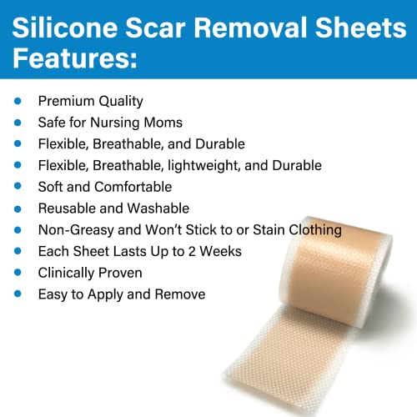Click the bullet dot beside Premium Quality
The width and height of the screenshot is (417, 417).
pyautogui.click(x=18, y=100)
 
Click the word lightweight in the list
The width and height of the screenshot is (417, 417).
pyautogui.click(x=210, y=165)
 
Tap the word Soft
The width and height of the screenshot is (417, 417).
pyautogui.click(x=52, y=187)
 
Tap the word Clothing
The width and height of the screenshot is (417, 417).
pyautogui.click(x=312, y=230)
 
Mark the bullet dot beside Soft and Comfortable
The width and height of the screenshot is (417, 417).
pyautogui.click(x=18, y=187)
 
